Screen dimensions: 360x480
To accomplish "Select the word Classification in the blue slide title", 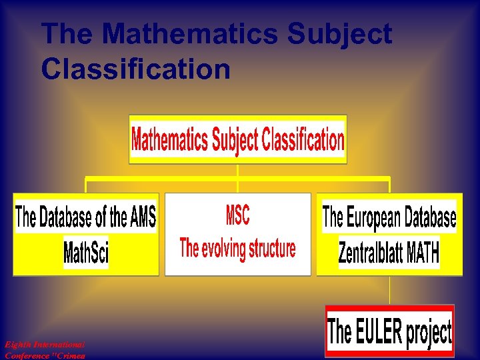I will [x=136, y=68].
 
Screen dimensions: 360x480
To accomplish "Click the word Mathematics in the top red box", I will [x=170, y=140].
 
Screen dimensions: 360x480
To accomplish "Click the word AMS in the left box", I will [x=142, y=217].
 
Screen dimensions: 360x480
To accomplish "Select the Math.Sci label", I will [x=86, y=253].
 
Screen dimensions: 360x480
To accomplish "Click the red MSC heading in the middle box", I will [x=237, y=215].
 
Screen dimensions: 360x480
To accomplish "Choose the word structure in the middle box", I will [x=272, y=249].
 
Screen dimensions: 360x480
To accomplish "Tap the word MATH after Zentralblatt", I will [x=423, y=253].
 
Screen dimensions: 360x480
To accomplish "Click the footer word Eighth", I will [x=18, y=345].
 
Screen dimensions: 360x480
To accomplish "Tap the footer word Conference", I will [x=27, y=355].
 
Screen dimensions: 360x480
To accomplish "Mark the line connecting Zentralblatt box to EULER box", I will [x=389, y=290].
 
